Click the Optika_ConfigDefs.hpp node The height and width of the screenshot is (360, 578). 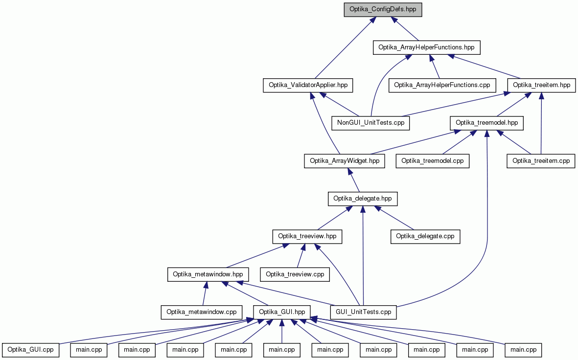tap(383, 10)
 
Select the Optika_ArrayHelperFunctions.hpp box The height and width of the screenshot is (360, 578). tap(426, 47)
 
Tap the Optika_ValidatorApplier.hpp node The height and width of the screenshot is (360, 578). tap(308, 85)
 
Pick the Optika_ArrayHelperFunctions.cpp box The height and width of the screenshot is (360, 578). tap(442, 85)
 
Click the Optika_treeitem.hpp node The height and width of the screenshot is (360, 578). tap(541, 85)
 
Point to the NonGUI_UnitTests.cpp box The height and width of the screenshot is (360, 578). tap(370, 123)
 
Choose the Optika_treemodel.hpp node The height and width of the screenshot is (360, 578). tap(486, 123)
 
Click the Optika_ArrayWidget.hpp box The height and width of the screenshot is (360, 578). tap(344, 160)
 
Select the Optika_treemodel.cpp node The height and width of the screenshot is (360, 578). tap(432, 160)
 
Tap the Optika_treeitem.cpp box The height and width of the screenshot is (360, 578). tap(541, 160)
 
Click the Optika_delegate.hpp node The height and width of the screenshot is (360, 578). tap(363, 199)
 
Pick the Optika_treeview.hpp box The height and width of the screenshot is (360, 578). tap(307, 236)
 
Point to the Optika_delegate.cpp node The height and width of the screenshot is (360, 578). tap(425, 236)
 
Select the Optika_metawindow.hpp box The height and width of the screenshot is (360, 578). tap(208, 274)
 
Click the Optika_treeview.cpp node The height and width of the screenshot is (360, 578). tap(295, 274)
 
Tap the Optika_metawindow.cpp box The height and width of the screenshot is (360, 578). tap(201, 312)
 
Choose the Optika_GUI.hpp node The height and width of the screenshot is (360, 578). tap(282, 312)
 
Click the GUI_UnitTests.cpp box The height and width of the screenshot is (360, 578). tap(364, 312)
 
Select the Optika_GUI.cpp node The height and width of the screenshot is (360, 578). tap(31, 350)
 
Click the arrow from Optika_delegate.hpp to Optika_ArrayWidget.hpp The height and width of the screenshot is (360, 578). tap(353, 180)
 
